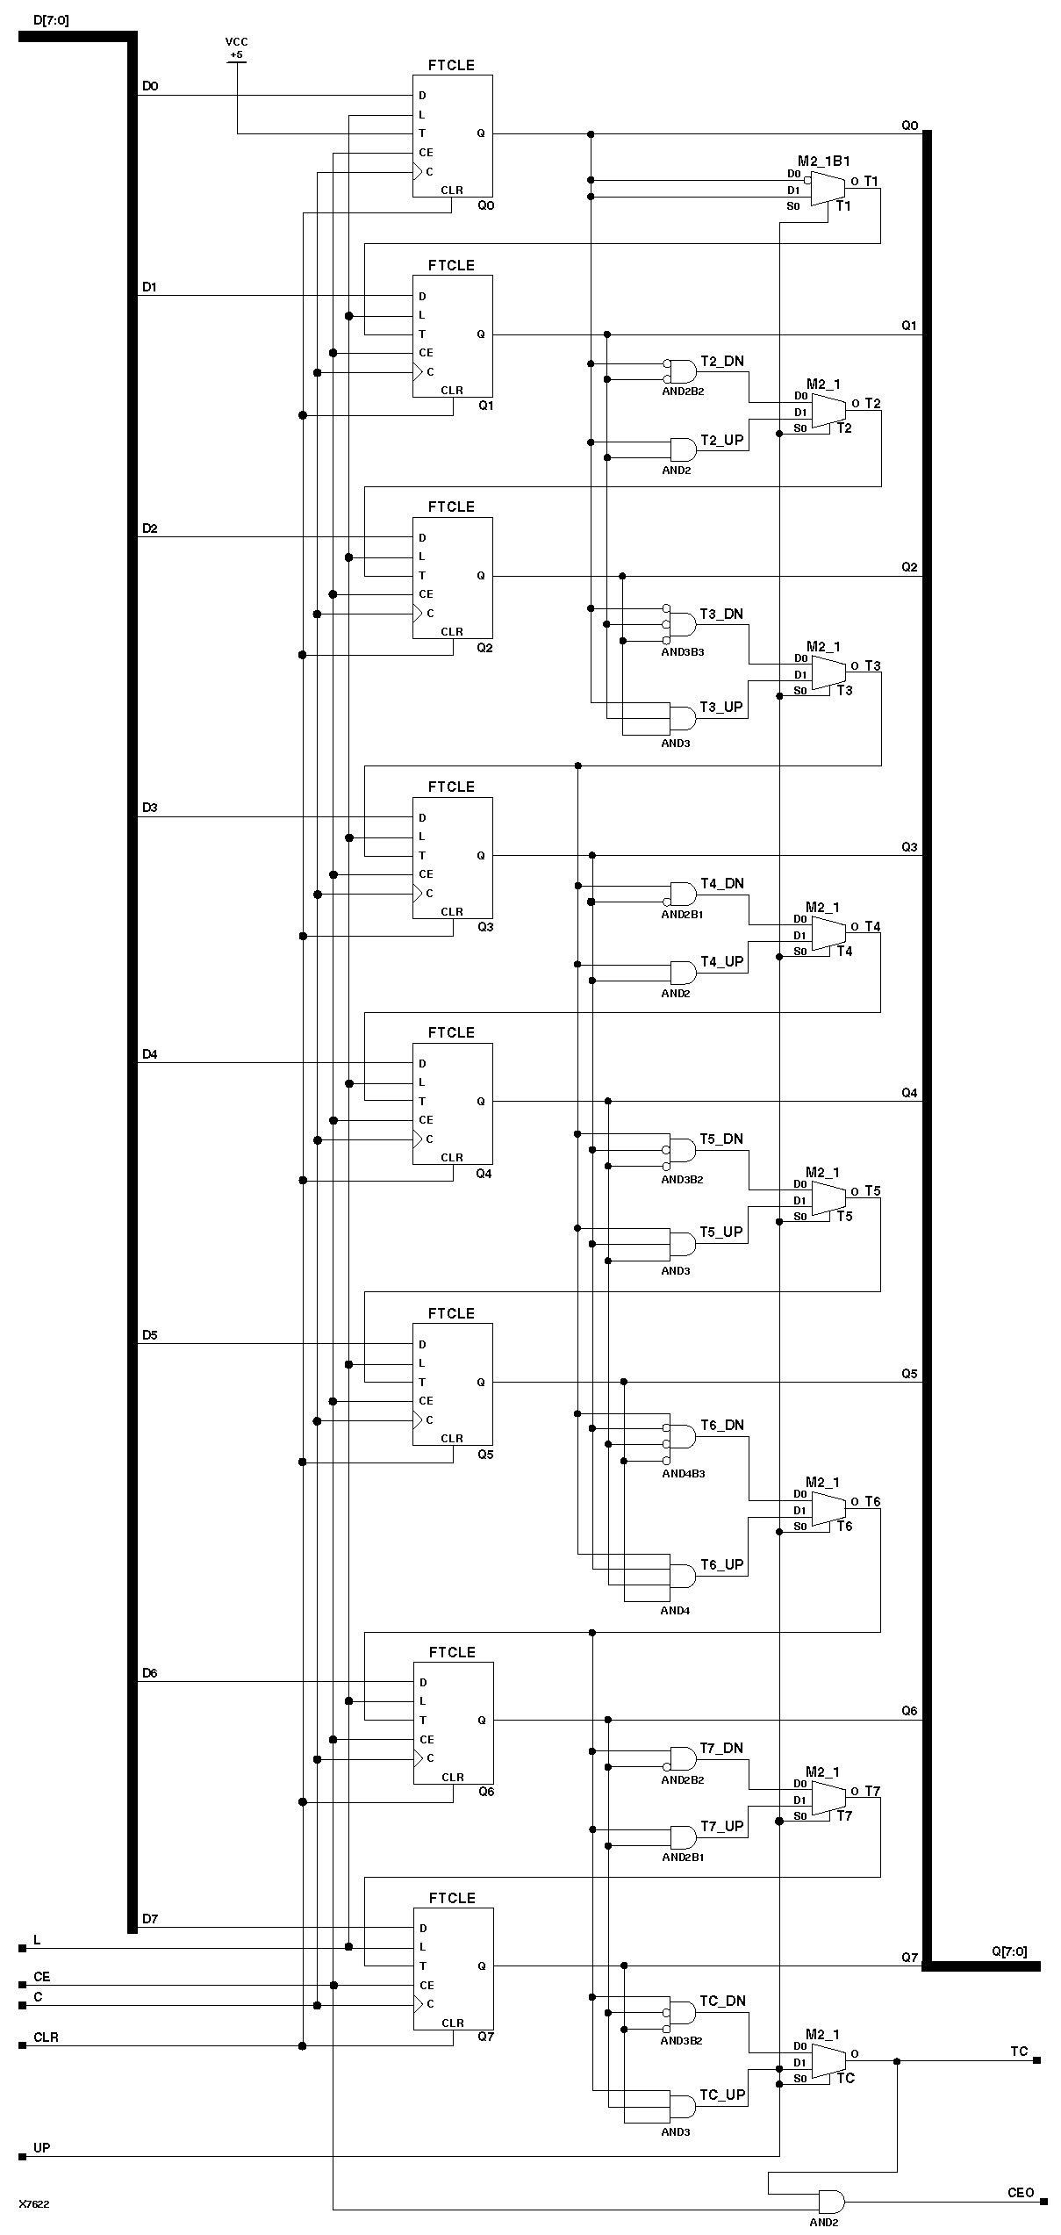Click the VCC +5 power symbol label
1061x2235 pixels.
(236, 48)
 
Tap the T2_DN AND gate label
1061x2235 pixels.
(721, 361)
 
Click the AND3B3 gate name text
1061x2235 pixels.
(682, 652)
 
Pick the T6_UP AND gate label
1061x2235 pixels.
(721, 1564)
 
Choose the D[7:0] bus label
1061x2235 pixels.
(50, 19)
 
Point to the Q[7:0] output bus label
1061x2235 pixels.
(1009, 1951)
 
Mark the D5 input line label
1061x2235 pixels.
(150, 1335)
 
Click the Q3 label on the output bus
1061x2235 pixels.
(909, 847)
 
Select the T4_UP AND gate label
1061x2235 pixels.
(721, 961)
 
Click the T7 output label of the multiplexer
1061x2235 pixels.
(871, 1791)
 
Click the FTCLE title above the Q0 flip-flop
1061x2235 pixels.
(451, 65)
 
